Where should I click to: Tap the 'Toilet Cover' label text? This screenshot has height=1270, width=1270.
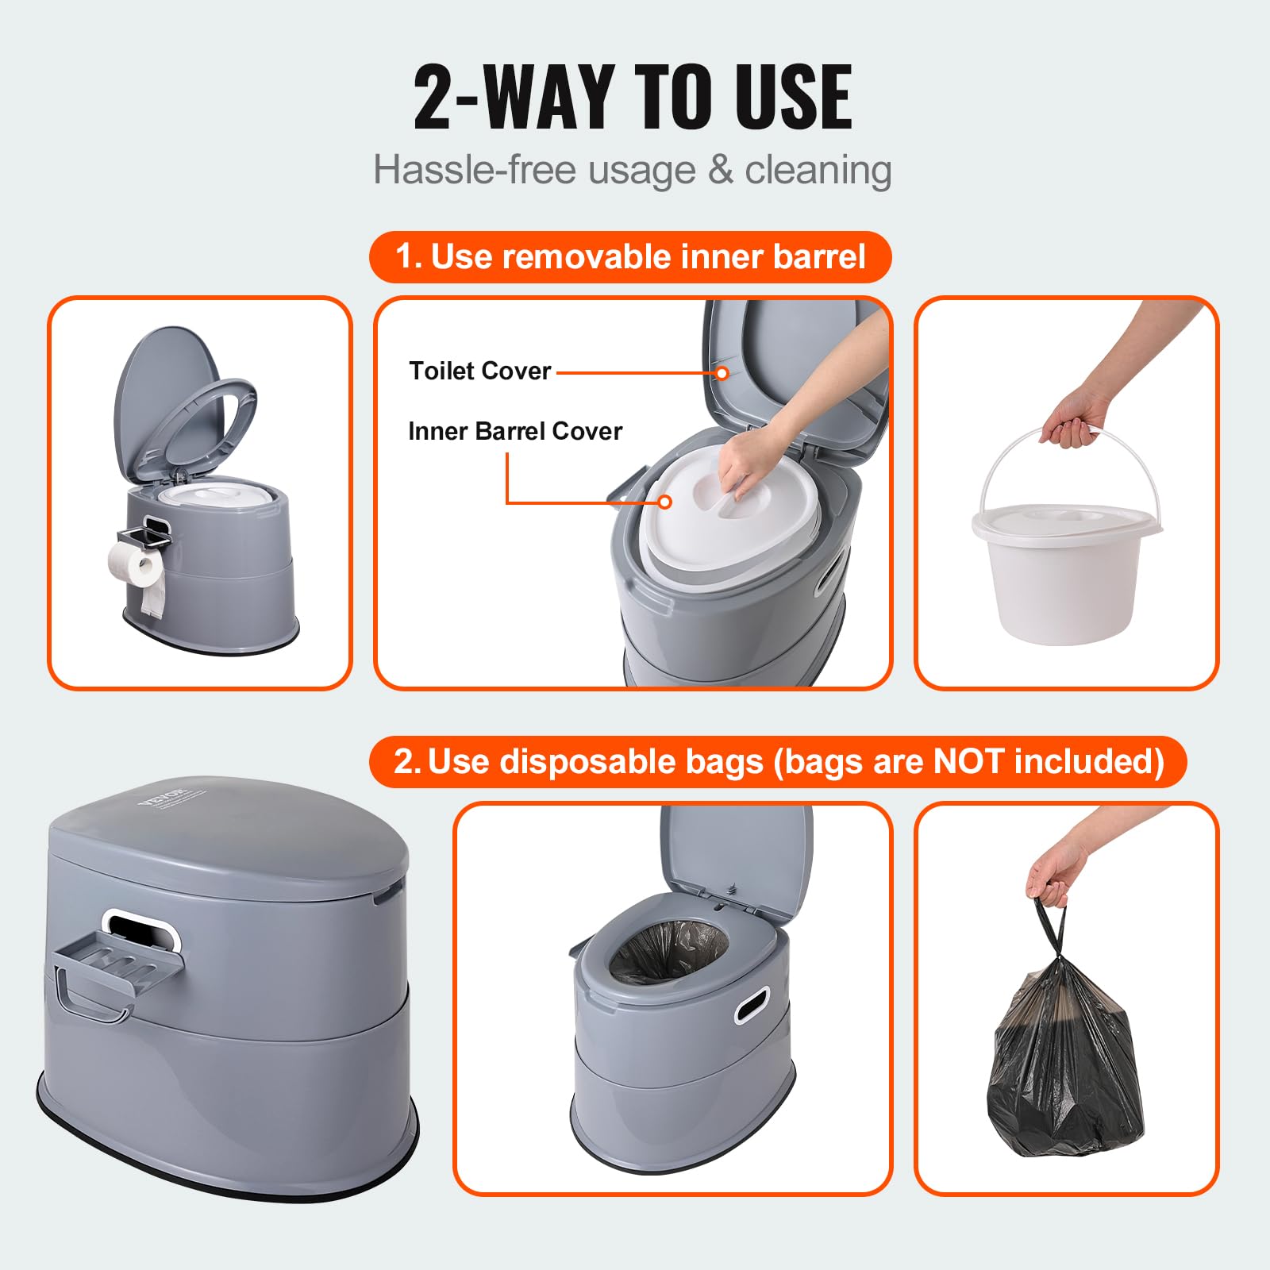pyautogui.click(x=479, y=371)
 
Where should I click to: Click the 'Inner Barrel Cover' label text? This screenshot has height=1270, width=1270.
pyautogui.click(x=514, y=431)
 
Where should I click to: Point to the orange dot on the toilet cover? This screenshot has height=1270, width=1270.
pyautogui.click(x=722, y=372)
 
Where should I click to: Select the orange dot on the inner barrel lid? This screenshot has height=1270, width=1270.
pyautogui.click(x=665, y=502)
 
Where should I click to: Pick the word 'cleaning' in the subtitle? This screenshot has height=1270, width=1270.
pyautogui.click(x=818, y=170)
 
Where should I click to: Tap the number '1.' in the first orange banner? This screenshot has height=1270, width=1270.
pyautogui.click(x=408, y=256)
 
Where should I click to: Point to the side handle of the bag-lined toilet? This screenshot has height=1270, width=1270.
pyautogui.click(x=752, y=1004)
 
